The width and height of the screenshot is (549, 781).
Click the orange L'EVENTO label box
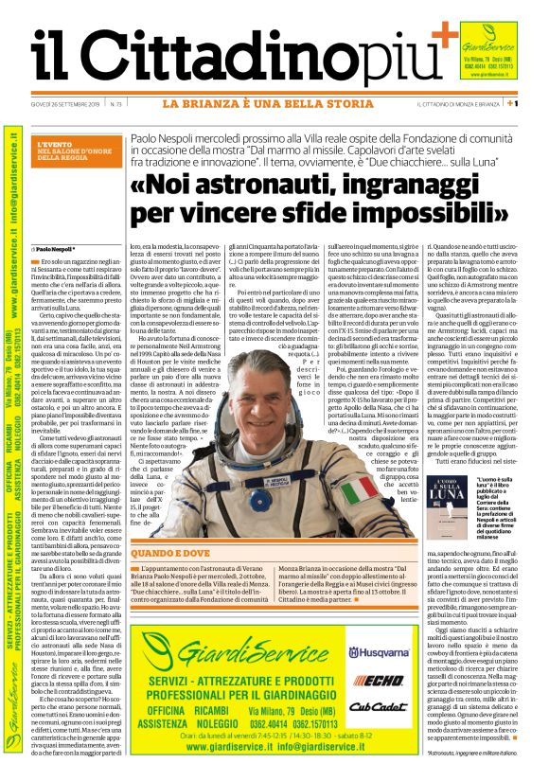pyautogui.click(x=86, y=151)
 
